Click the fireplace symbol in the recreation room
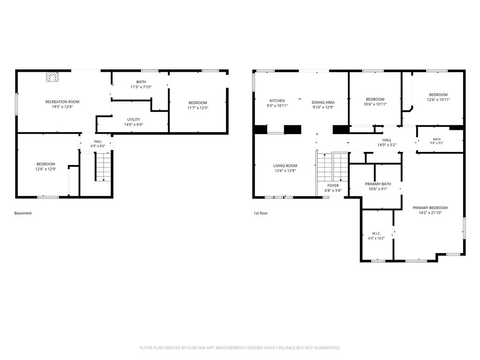(x=52, y=77)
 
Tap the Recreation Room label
(x=62, y=102)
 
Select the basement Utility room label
(x=134, y=120)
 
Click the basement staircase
(x=104, y=167)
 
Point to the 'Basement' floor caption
(x=23, y=213)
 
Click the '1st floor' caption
(x=261, y=213)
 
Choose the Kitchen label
(x=277, y=101)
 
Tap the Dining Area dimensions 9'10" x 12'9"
(x=323, y=107)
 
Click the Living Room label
(x=285, y=165)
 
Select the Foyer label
(x=333, y=186)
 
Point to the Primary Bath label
(x=378, y=184)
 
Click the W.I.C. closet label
(x=376, y=233)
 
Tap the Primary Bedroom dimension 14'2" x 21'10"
(x=430, y=213)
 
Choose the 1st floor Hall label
(x=387, y=140)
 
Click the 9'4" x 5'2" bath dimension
(x=437, y=143)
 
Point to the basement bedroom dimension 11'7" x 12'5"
(x=198, y=108)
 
